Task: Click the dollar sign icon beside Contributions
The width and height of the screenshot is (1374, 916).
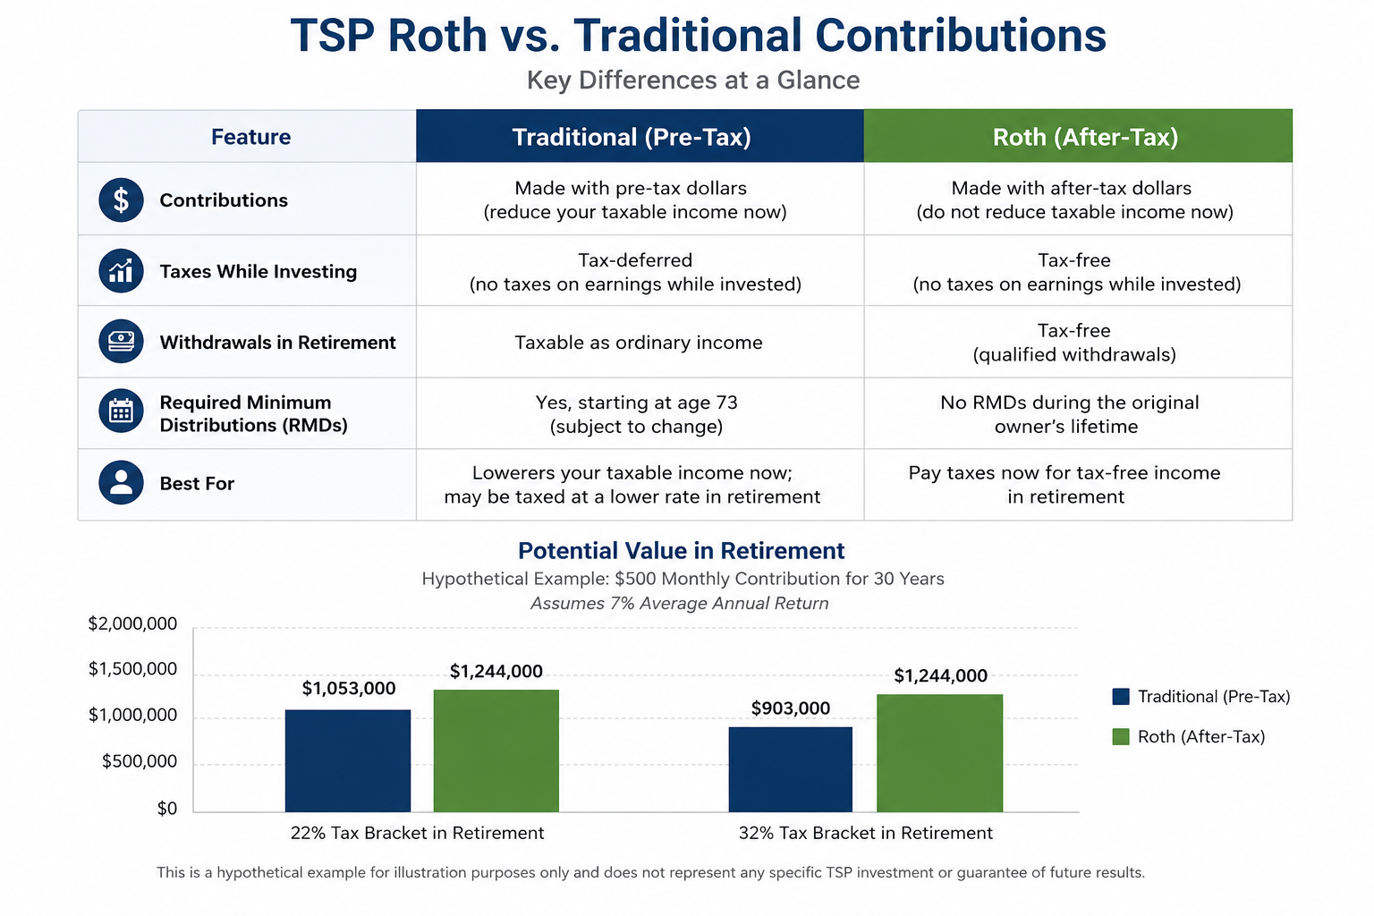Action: pyautogui.click(x=121, y=200)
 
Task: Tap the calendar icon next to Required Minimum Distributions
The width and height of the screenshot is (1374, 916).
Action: pyautogui.click(x=121, y=411)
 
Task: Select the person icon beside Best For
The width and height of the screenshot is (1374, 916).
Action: pyautogui.click(x=121, y=483)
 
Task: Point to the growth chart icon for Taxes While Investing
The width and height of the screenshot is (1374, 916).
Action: pyautogui.click(x=121, y=270)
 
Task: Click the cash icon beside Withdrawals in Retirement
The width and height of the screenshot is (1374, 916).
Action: pyautogui.click(x=121, y=341)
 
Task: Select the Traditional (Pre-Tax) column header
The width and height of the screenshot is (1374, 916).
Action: pyautogui.click(x=640, y=136)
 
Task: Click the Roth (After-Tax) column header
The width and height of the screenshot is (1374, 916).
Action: pyautogui.click(x=1078, y=136)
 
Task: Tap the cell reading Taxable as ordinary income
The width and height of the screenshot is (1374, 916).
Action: pyautogui.click(x=639, y=343)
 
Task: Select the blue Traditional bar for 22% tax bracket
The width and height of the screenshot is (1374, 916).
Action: pyautogui.click(x=348, y=760)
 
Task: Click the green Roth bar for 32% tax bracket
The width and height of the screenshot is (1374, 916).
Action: pyautogui.click(x=940, y=753)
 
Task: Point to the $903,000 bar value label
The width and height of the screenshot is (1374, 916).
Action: pyautogui.click(x=791, y=708)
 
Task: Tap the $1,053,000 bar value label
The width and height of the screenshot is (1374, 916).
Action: pyautogui.click(x=348, y=689)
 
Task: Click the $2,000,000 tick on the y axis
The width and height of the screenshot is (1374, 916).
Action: pyautogui.click(x=132, y=624)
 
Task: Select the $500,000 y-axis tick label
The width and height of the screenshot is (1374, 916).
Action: pyautogui.click(x=140, y=761)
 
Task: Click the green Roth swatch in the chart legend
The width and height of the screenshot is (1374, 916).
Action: pyautogui.click(x=1121, y=737)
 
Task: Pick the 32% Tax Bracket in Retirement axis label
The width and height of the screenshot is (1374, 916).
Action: pyautogui.click(x=866, y=833)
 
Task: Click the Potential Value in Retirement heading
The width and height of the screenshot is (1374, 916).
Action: pyautogui.click(x=682, y=550)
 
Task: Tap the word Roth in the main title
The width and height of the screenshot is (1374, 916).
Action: pyautogui.click(x=437, y=35)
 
